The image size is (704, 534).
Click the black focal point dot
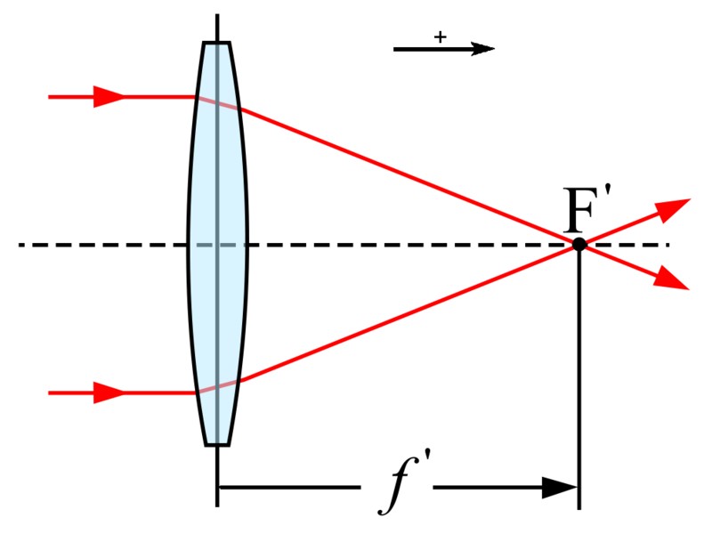(x=579, y=245)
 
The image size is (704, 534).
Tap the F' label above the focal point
(x=587, y=210)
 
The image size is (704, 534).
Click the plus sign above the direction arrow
(x=441, y=36)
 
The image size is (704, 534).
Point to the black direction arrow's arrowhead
(x=481, y=48)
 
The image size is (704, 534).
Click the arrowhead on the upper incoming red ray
(x=109, y=96)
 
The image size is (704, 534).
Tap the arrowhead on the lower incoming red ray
(x=109, y=393)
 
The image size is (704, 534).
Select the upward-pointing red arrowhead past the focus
(x=674, y=209)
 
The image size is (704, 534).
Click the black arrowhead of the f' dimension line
(x=560, y=488)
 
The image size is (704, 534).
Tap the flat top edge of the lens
(x=216, y=43)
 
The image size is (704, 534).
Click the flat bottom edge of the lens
(x=217, y=445)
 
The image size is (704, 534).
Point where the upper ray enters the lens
(x=196, y=96)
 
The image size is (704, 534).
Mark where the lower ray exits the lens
(x=239, y=382)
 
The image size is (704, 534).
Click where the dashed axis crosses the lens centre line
(x=217, y=245)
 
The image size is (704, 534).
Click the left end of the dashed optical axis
(x=19, y=245)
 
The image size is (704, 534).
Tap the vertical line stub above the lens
(x=217, y=28)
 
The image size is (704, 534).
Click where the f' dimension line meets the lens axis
(x=217, y=488)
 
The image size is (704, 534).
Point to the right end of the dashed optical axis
(x=669, y=245)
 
